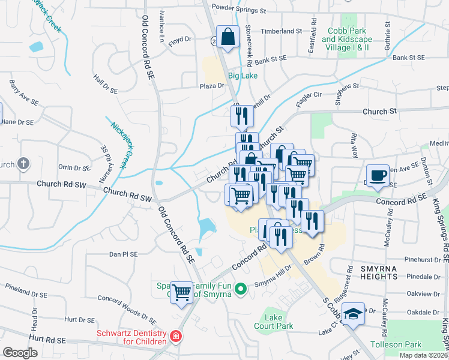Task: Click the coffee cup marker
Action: (377, 176)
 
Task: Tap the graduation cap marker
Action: (354, 314)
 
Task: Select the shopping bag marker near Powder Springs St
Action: (228, 37)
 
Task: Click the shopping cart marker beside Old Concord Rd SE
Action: (181, 293)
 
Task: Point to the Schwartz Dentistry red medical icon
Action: (175, 336)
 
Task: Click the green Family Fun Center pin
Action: (241, 289)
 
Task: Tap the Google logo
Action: (20, 353)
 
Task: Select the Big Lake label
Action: (242, 76)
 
